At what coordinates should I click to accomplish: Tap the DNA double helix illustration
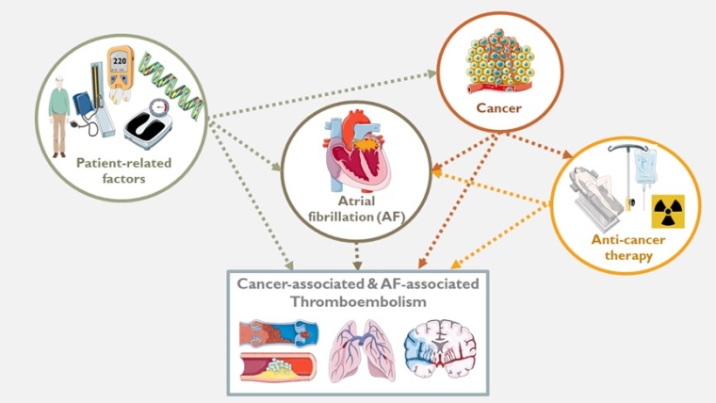[171, 87]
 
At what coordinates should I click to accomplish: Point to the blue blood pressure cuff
[83, 105]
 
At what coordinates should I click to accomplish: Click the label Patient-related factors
[123, 170]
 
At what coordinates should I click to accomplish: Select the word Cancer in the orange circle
[498, 108]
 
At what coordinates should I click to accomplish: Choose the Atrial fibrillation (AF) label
[357, 209]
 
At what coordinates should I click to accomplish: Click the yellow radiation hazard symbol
[668, 211]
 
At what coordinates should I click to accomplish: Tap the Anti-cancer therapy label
[628, 248]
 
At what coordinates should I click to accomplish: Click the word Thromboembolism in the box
[358, 301]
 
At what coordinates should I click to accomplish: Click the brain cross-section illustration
[440, 348]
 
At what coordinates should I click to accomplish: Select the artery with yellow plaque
[278, 366]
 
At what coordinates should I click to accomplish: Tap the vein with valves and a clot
[279, 334]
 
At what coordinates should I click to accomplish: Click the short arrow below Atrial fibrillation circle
[357, 256]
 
